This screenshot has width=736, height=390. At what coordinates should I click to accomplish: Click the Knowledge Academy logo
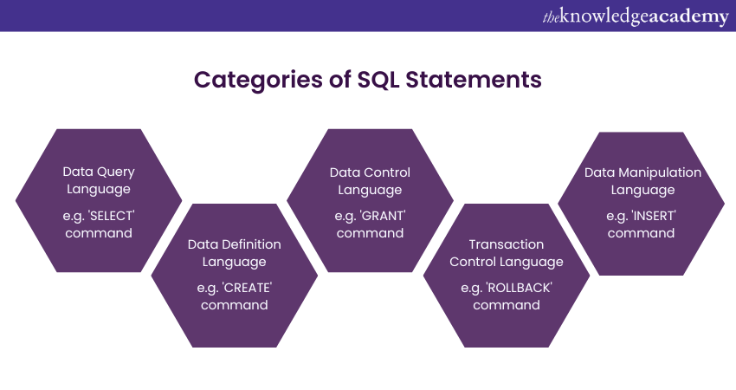(x=636, y=16)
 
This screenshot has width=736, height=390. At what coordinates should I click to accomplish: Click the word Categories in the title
(x=258, y=80)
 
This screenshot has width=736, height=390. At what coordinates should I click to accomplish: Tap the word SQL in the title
(x=378, y=80)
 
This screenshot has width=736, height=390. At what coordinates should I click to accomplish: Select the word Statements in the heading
(x=474, y=79)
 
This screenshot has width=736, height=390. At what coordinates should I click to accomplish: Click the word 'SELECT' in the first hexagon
(x=112, y=216)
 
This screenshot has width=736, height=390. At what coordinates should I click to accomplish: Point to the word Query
(x=114, y=172)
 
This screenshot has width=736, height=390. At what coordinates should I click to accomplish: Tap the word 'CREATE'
(x=247, y=288)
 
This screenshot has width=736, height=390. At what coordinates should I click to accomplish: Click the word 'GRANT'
(x=383, y=216)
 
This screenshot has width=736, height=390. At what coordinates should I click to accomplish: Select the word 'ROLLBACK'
(x=519, y=288)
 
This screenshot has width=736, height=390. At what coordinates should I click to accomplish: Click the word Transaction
(x=506, y=244)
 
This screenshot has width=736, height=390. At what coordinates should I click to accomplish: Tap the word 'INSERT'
(x=654, y=216)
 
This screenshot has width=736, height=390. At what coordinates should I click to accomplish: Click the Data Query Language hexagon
(x=99, y=201)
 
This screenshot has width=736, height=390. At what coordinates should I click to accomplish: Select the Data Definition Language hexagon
(x=235, y=276)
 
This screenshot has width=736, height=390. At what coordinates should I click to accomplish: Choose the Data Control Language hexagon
(x=370, y=201)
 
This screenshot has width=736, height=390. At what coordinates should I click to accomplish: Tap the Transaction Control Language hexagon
(x=507, y=276)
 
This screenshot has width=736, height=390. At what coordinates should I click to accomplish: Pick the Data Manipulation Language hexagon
(x=641, y=204)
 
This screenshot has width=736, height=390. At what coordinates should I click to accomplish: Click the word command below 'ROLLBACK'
(x=507, y=305)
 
